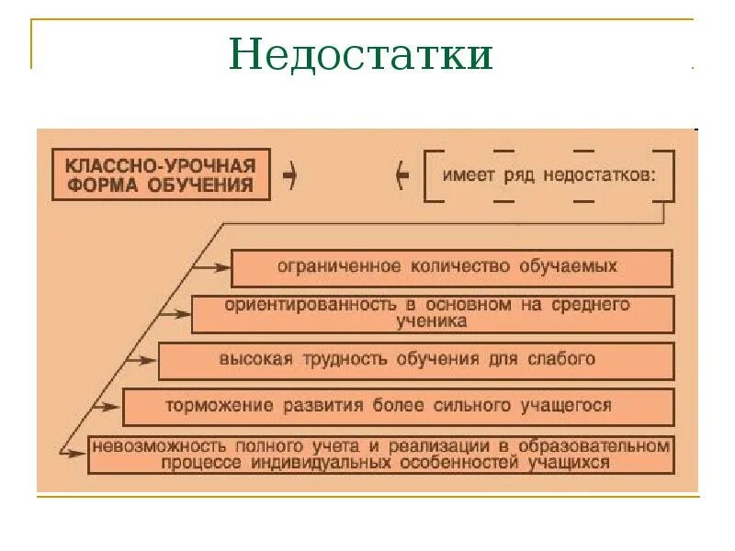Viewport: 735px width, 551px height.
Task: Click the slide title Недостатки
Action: [x=361, y=55]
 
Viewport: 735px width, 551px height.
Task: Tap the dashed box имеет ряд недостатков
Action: [x=548, y=175]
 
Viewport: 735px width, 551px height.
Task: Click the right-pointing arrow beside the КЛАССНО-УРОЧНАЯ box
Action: [x=290, y=174]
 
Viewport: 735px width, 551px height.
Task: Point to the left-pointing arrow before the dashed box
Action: [x=401, y=175]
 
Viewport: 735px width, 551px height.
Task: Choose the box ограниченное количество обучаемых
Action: [x=451, y=267]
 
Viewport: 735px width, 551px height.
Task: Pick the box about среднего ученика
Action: [x=433, y=313]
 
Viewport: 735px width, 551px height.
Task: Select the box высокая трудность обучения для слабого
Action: [x=415, y=360]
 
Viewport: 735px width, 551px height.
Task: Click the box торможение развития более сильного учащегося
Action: [x=397, y=406]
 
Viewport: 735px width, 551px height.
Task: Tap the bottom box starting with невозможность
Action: [x=380, y=455]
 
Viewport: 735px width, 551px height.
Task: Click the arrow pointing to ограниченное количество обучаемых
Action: [x=212, y=267]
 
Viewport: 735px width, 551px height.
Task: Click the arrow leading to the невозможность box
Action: [x=72, y=451]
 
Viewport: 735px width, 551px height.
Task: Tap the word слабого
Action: [x=562, y=359]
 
